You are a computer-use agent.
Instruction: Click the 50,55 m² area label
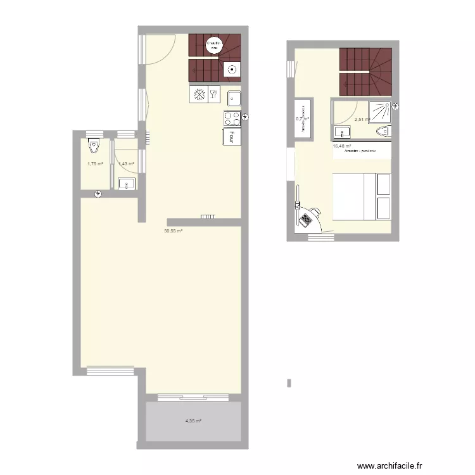173,232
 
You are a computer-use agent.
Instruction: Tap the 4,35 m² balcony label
193,421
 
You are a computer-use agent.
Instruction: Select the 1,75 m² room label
95,164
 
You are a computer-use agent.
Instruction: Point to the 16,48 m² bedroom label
342,146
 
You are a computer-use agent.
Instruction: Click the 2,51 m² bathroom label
362,120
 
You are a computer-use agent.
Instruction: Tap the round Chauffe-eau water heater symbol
214,45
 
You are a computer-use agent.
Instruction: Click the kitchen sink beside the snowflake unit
234,98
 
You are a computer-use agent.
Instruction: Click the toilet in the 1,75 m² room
94,146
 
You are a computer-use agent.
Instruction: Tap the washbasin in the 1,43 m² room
126,184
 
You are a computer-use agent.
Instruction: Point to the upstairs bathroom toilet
383,132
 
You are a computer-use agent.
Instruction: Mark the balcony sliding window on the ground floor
193,398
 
